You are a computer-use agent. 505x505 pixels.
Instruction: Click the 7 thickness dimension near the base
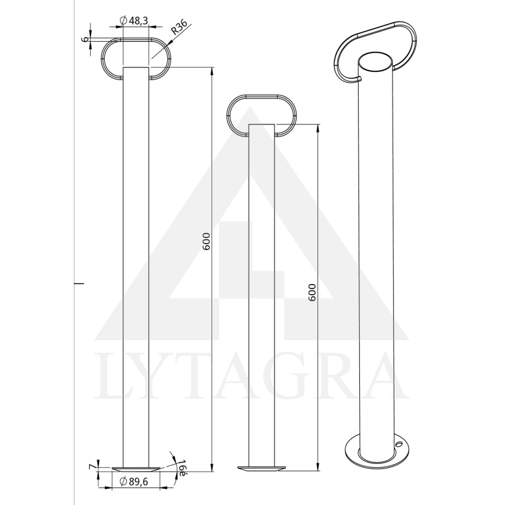[92, 466]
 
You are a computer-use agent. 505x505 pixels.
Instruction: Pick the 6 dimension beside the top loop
[85, 39]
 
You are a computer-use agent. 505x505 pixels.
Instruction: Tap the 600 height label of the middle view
[311, 293]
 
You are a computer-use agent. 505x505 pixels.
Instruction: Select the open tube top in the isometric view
[377, 63]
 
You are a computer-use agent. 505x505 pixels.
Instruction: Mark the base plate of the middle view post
[261, 468]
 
